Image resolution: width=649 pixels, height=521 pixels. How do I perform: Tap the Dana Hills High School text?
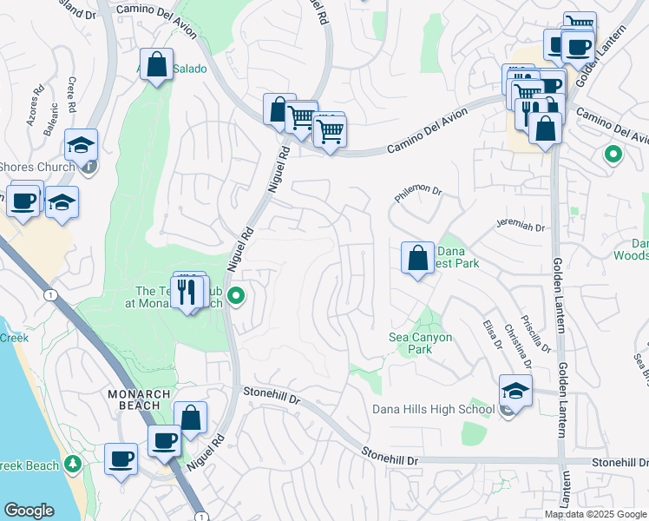pos(433,410)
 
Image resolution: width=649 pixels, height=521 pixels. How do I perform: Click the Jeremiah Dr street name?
pos(520,227)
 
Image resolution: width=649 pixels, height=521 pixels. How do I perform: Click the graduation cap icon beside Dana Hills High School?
pos(515,391)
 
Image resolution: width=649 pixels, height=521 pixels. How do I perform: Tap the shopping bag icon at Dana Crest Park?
pos(417,258)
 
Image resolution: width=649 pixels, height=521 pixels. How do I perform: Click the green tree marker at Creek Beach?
pos(72,465)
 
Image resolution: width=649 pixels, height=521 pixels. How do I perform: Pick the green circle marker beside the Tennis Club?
pos(235,298)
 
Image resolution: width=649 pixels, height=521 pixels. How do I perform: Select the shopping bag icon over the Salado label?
pos(155,65)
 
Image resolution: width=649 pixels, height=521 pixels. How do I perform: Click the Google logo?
pos(29,511)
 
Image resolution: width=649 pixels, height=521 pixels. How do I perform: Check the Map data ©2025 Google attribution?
pos(595,513)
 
